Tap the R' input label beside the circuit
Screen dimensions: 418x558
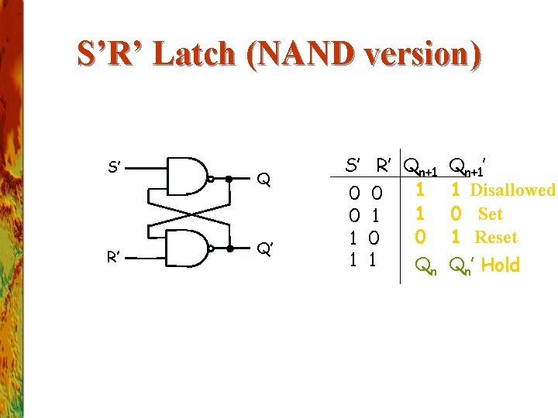(x=113, y=256)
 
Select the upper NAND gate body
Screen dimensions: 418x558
(x=187, y=178)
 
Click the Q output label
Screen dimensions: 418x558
(x=264, y=181)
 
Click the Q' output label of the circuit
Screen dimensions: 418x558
(x=264, y=250)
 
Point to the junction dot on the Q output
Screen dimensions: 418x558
(x=229, y=178)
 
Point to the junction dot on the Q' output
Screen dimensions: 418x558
(x=230, y=249)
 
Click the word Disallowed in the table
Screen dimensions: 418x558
(x=512, y=190)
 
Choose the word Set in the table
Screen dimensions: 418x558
(x=490, y=214)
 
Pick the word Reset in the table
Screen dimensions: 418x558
(x=495, y=237)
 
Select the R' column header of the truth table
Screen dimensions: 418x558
(x=383, y=165)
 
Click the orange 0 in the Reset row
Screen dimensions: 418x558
(x=420, y=235)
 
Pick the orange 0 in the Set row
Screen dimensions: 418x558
(x=456, y=213)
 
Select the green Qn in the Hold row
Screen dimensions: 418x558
(x=425, y=266)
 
